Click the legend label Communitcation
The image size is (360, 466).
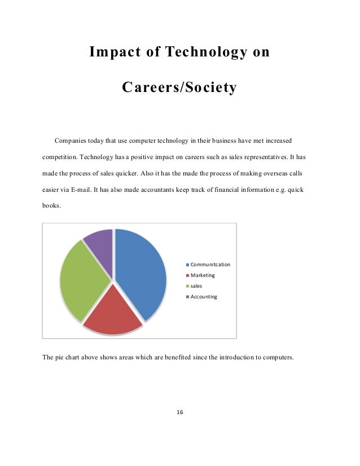point(210,264)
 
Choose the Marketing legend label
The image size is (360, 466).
point(203,275)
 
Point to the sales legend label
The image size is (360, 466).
point(196,285)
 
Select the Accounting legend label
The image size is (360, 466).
point(204,296)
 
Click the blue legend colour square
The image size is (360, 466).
point(187,264)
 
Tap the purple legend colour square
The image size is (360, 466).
point(187,296)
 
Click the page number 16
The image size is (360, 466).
point(180,412)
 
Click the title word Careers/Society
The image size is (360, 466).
point(179,88)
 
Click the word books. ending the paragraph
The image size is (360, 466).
point(52,206)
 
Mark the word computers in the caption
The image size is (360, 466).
point(278,357)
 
